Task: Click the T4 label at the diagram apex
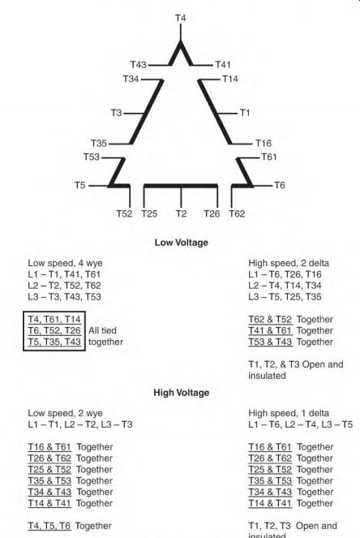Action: click(x=181, y=18)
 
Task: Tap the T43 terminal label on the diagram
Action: click(x=139, y=64)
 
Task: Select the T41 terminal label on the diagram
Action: click(x=223, y=64)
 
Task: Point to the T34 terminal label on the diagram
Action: click(x=131, y=80)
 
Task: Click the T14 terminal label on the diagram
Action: click(x=230, y=80)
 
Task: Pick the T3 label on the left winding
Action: click(x=116, y=113)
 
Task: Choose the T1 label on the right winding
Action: click(x=245, y=113)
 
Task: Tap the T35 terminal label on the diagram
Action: click(x=99, y=143)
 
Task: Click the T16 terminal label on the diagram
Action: click(x=264, y=143)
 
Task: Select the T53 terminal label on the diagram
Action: click(x=92, y=157)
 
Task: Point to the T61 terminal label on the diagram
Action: click(x=269, y=157)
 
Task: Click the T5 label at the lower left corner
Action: click(x=80, y=185)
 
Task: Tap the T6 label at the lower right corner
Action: click(x=280, y=185)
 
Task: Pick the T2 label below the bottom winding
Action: click(x=181, y=213)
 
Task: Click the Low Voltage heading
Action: click(x=182, y=243)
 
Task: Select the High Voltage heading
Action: click(x=182, y=393)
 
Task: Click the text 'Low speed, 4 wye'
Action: click(x=65, y=263)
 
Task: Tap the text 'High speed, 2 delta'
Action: click(x=289, y=263)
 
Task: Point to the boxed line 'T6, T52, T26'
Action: click(x=54, y=330)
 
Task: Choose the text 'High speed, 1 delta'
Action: click(x=289, y=413)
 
